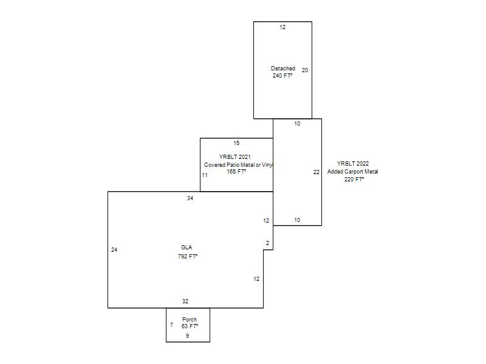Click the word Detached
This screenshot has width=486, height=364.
coord(283,69)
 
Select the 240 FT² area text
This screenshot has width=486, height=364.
coord(282,75)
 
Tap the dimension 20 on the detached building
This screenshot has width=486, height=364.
coord(305,70)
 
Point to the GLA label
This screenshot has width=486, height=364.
coord(187,248)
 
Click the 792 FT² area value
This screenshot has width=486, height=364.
coord(188,256)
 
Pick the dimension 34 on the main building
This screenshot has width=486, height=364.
coord(190,198)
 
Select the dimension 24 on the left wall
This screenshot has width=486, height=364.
coord(114,250)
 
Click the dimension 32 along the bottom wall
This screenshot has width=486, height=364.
coord(185,301)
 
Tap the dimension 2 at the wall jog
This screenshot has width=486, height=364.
coord(267,243)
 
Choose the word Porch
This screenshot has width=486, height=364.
coord(190,320)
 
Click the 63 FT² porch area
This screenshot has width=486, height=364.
coord(190,326)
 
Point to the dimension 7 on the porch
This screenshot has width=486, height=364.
coord(172,325)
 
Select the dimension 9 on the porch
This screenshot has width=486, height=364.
coord(187,336)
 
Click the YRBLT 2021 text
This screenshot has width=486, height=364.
coord(235,157)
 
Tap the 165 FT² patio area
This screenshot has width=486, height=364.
coord(236,172)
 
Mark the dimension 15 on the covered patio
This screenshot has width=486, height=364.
coord(236,143)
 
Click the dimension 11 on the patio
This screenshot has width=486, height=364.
coord(205,175)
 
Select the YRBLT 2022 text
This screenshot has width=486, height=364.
coord(353,163)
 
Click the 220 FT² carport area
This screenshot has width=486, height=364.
coord(354,179)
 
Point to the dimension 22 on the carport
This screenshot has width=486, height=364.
coord(317,172)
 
